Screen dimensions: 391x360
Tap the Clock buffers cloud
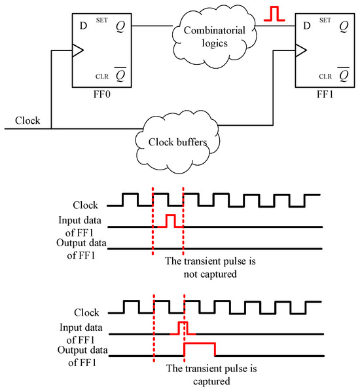coord(181,140)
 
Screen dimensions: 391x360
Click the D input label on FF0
coord(83,26)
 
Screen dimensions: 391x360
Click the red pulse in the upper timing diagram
coord(170,221)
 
